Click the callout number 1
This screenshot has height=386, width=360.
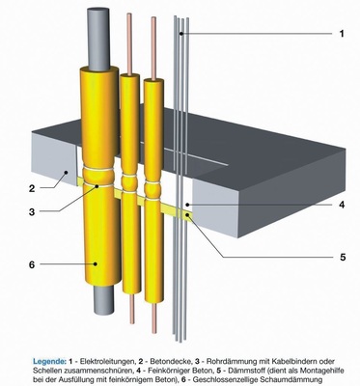point(342,34)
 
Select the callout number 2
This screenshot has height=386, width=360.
point(32,188)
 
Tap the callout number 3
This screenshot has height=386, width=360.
point(32,212)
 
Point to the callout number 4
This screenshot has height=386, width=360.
point(342,205)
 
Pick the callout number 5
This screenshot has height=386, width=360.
point(342,257)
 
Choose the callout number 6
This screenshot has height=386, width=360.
point(32,264)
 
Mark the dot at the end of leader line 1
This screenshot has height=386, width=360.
point(181,34)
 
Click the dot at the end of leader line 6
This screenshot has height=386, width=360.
point(96,264)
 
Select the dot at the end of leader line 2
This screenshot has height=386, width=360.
point(66,173)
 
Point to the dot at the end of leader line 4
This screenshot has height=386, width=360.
point(187,205)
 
